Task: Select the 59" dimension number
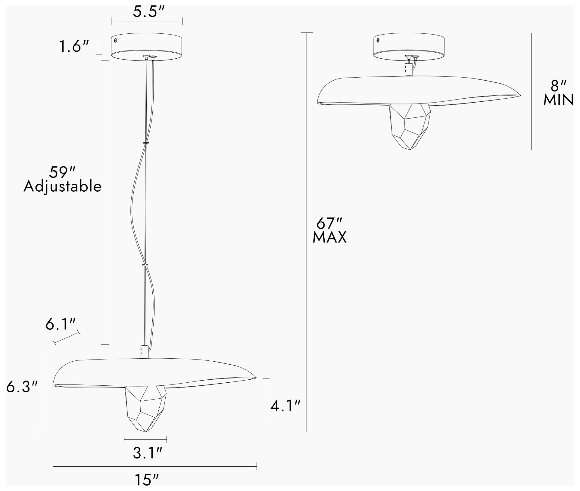pyautogui.click(x=62, y=173)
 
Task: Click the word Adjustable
pyautogui.click(x=62, y=187)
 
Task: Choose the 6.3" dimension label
pyautogui.click(x=22, y=387)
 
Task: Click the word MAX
pyautogui.click(x=329, y=237)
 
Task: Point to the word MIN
pyautogui.click(x=558, y=100)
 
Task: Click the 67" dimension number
pyautogui.click(x=329, y=224)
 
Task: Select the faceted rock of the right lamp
pyautogui.click(x=410, y=125)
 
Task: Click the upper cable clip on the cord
pyautogui.click(x=146, y=142)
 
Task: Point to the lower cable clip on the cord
pyautogui.click(x=145, y=265)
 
